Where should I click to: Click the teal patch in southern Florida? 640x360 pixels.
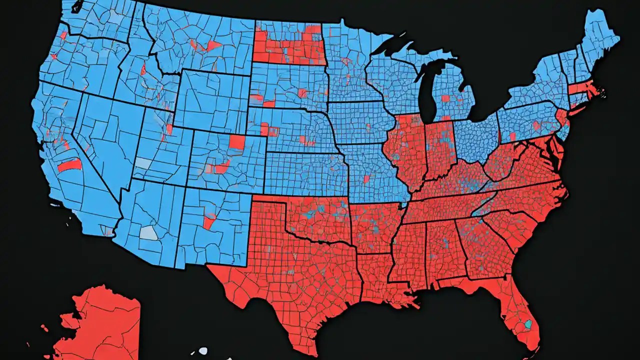pos(528,324)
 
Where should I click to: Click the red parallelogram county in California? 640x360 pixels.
pos(69,165)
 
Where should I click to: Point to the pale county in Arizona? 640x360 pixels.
pos(148,232)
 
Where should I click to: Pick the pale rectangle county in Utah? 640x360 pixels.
pos(143,163)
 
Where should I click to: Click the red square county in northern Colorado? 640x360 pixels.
pos(237,142)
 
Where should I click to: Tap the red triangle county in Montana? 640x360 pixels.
pos(213,45)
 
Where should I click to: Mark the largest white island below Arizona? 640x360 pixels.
pos(203,351)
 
